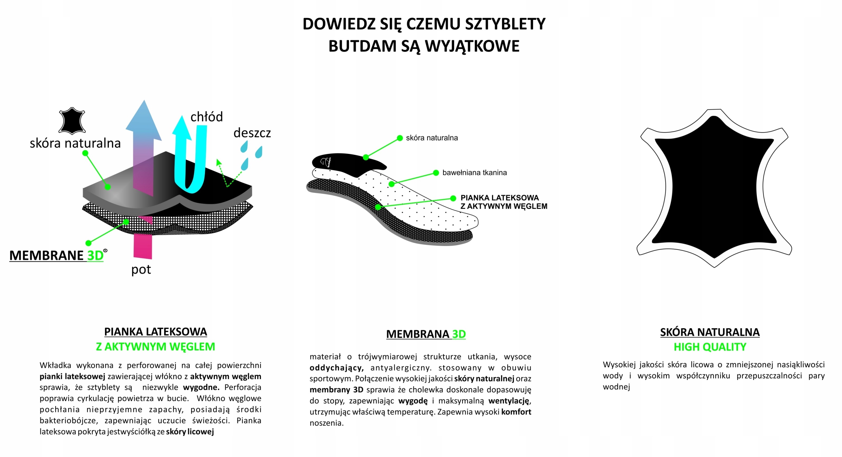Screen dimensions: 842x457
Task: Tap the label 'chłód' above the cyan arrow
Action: click(207, 117)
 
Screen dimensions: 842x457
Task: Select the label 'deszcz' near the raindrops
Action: click(252, 133)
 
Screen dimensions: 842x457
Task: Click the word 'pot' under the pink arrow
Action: click(141, 270)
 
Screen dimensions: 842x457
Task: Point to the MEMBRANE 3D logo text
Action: click(57, 255)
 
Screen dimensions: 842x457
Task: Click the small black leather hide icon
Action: click(72, 121)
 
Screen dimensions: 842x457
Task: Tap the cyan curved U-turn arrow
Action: click(191, 158)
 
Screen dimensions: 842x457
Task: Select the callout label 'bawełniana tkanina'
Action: click(474, 173)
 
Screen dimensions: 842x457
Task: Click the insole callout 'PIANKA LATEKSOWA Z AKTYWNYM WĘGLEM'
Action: click(504, 202)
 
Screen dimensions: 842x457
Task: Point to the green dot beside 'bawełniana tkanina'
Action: click(436, 173)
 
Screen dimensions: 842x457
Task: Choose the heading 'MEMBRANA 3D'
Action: click(426, 334)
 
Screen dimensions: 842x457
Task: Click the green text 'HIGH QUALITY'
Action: click(710, 347)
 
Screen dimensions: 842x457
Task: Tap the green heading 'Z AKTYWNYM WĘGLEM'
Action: click(155, 347)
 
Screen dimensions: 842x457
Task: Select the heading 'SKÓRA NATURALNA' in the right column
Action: click(710, 332)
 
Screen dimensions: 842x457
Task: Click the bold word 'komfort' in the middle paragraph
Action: click(516, 412)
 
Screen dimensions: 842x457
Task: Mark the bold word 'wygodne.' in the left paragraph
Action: click(201, 387)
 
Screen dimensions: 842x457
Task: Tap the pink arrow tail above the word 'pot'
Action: click(143, 246)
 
